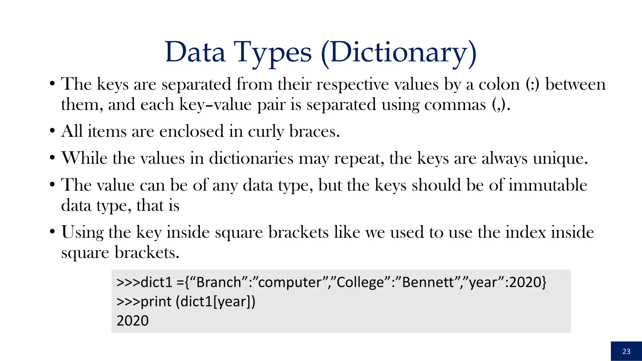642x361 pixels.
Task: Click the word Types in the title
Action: coord(272,53)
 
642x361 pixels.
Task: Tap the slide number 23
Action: coord(626,351)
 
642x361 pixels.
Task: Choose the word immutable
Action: coord(548,185)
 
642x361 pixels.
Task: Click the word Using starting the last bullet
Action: coord(82,233)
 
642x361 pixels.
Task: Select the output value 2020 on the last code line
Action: coord(133,321)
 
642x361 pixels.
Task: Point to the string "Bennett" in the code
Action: coord(428,282)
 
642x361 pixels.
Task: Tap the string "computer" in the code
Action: coord(290,282)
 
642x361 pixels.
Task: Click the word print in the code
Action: coord(156,302)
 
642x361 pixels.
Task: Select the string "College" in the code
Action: coord(361,282)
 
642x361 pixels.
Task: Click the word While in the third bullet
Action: coord(84,158)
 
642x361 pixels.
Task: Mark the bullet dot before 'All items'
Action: coord(52,131)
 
